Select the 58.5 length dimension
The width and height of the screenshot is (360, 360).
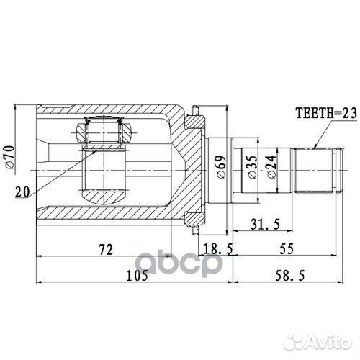291,276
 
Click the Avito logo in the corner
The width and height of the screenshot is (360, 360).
317,338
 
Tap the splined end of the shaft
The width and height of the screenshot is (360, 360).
316,170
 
